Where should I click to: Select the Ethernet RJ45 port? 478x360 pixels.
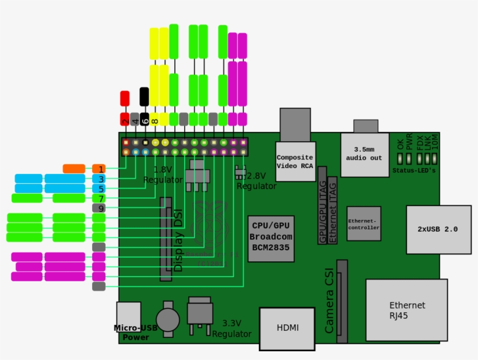coord(407,310)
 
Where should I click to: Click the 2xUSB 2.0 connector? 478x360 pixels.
coord(438,229)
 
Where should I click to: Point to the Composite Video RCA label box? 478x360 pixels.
coord(296,162)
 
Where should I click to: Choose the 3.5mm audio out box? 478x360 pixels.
coord(364,155)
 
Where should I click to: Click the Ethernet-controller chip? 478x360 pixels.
coord(364,223)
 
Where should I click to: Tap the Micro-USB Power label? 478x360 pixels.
coord(135,333)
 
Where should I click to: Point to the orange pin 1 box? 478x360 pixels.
coord(99,169)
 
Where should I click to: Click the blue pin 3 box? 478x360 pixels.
coord(99,179)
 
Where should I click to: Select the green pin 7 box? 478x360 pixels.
coord(99,198)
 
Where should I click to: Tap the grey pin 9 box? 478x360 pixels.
coord(99,208)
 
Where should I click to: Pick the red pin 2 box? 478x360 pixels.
coord(125,119)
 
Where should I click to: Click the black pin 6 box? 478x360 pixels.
coord(145,119)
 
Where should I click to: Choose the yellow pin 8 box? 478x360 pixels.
coord(154,119)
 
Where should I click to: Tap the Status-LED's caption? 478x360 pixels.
coord(413,170)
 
